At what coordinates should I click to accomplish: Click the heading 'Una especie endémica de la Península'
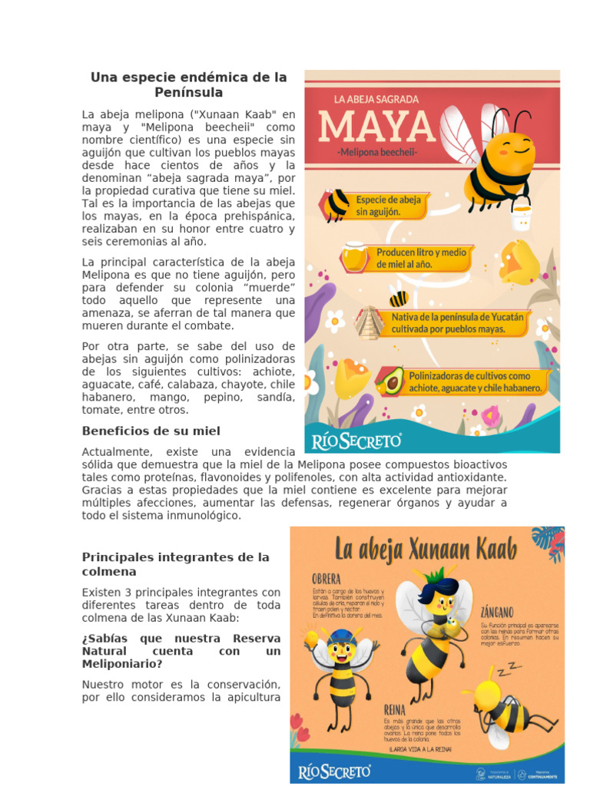point(188,84)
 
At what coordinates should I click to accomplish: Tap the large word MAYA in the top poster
point(376,125)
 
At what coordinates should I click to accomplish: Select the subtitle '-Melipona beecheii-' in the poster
point(376,153)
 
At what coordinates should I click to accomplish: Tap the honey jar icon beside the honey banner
point(355,256)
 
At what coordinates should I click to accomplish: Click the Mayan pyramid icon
point(370,322)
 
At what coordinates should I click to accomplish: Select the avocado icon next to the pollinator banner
point(391,380)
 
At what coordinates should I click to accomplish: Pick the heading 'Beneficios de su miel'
point(151,431)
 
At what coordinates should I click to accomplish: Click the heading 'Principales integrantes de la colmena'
point(176,564)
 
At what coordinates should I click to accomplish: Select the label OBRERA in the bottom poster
point(326,578)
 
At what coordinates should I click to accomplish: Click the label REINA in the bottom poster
point(394,711)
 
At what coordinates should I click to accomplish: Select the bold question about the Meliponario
point(181,651)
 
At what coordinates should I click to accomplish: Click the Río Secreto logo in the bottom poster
point(336,770)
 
